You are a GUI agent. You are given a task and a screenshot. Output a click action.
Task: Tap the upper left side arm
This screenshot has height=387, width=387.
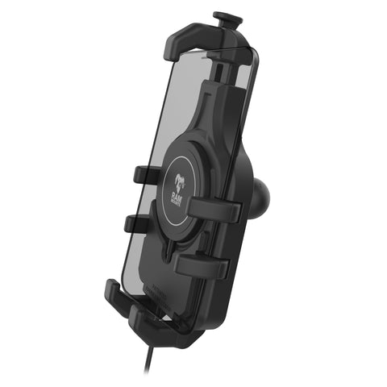[144, 174]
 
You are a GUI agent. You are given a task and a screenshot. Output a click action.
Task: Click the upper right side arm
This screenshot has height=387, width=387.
[215, 209]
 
